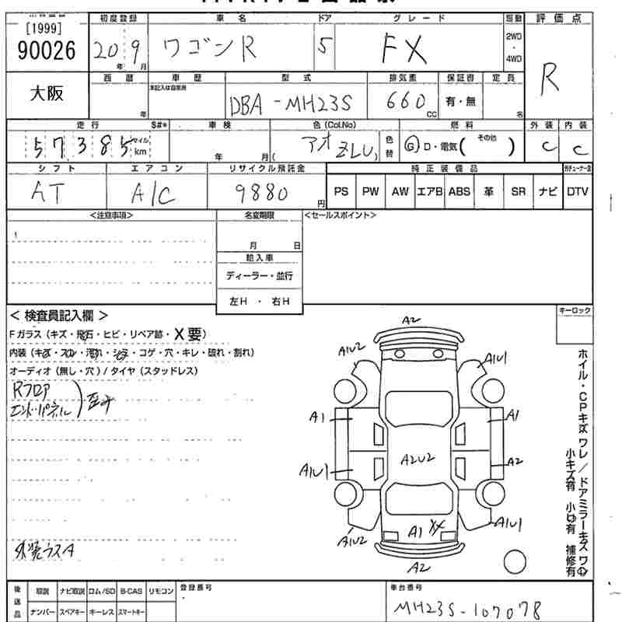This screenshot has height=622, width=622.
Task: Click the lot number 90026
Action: pyautogui.click(x=46, y=51)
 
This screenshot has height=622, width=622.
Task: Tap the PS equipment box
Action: pyautogui.click(x=341, y=191)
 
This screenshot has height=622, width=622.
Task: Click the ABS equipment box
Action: pyautogui.click(x=459, y=191)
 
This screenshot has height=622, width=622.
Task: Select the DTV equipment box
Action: pyautogui.click(x=577, y=191)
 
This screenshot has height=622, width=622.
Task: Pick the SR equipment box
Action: pyautogui.click(x=518, y=191)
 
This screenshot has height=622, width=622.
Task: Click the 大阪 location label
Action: pyautogui.click(x=47, y=93)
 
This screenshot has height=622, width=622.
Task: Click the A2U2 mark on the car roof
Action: pyautogui.click(x=418, y=460)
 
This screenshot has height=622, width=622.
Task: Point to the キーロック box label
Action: pyautogui.click(x=575, y=311)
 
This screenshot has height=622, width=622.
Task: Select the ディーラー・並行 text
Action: pyautogui.click(x=259, y=276)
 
